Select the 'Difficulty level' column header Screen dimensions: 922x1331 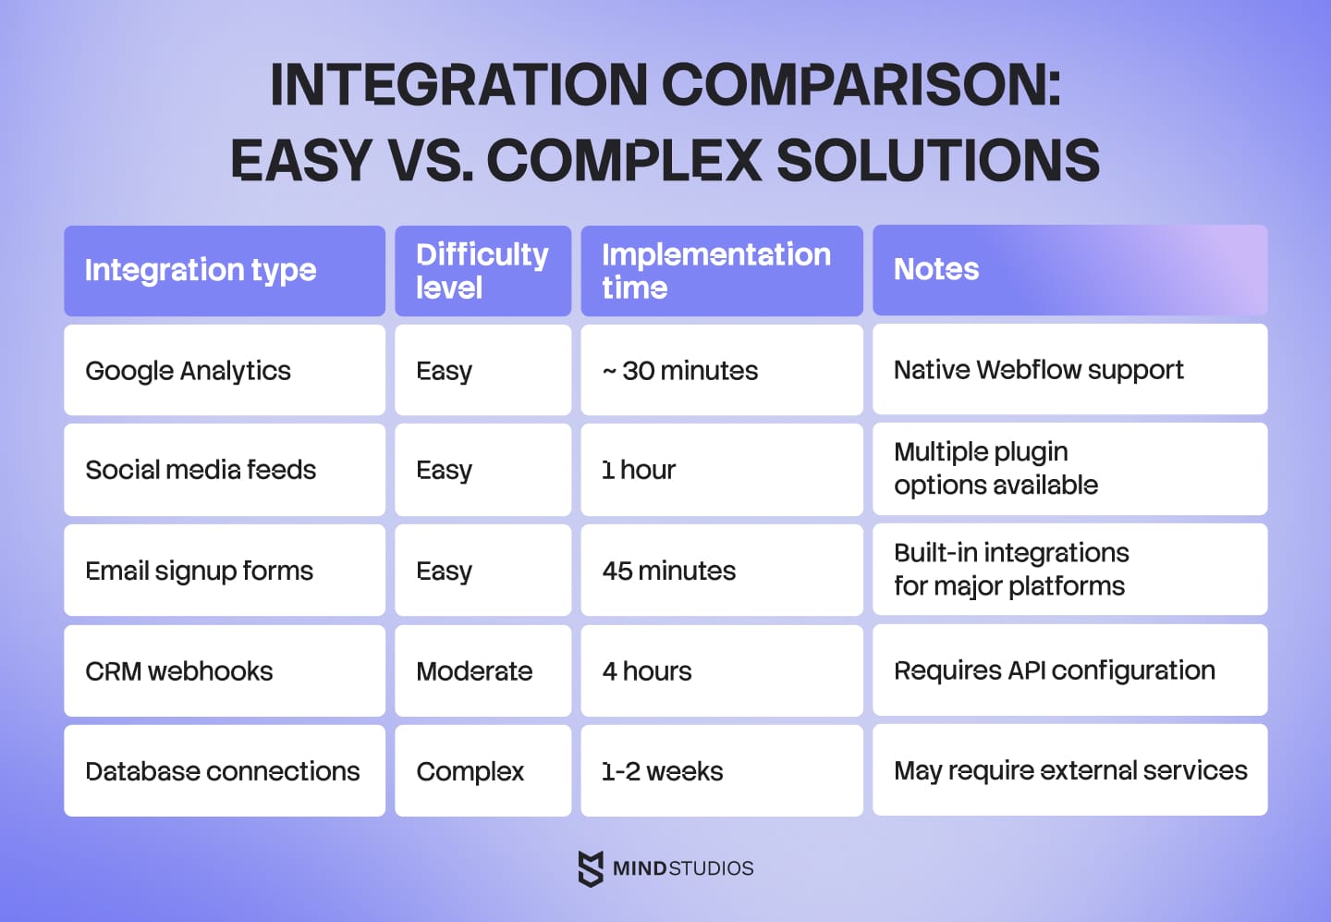(482, 270)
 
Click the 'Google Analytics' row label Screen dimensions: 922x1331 (189, 371)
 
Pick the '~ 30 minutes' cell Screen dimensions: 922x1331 (680, 371)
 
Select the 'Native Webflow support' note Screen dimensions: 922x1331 (1038, 370)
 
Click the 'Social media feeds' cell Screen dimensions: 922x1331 (201, 470)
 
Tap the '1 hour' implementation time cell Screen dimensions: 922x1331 (639, 470)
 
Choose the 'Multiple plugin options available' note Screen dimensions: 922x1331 (996, 469)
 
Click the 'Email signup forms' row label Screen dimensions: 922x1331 (200, 571)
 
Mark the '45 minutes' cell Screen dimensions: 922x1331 (669, 571)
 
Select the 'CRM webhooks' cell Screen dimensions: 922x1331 (179, 671)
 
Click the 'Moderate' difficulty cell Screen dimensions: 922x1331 (474, 671)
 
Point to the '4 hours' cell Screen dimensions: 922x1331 (647, 671)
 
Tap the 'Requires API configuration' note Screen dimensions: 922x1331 (1055, 670)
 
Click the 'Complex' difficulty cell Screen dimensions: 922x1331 (470, 771)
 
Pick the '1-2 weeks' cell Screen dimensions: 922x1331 (663, 771)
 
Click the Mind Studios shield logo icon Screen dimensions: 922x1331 (591, 868)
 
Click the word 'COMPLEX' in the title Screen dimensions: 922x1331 (624, 160)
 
